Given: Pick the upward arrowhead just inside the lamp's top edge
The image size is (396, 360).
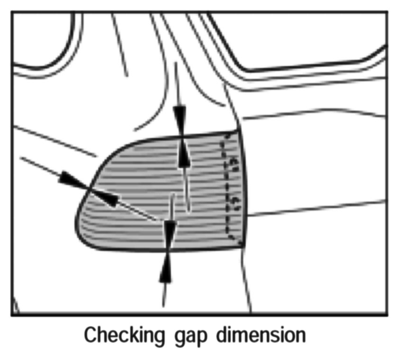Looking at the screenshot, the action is point(184,153).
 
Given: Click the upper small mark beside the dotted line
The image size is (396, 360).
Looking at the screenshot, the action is point(234,164).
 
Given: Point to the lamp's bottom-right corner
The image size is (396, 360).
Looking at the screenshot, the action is point(243,246).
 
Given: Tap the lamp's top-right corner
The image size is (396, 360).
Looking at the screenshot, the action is point(237,131).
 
